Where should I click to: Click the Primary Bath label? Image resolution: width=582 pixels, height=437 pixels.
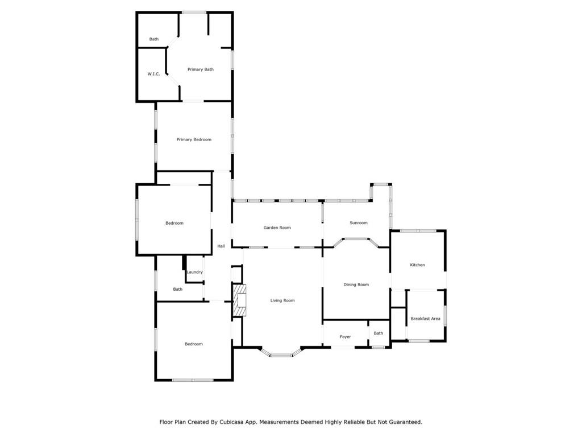click(201, 69)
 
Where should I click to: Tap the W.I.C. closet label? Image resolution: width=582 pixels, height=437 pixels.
click(154, 74)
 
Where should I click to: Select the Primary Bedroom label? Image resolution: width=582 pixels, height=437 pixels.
click(194, 139)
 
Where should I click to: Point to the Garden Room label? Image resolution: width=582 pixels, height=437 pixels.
click(277, 228)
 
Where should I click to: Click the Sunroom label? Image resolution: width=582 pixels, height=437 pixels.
click(358, 223)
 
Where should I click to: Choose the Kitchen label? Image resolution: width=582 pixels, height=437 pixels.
click(417, 265)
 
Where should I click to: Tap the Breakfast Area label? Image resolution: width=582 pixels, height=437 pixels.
click(425, 319)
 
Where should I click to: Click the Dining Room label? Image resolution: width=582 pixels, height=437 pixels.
click(356, 285)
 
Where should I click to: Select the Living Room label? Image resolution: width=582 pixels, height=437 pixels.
click(282, 300)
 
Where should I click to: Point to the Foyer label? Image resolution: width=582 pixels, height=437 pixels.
click(345, 337)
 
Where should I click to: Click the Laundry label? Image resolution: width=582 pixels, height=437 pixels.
click(194, 272)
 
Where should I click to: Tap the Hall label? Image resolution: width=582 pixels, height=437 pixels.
click(221, 246)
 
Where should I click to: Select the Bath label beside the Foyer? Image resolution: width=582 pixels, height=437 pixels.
click(379, 333)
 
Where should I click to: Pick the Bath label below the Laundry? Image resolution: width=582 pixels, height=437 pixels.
click(178, 289)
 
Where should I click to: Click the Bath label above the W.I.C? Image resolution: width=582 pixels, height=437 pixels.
click(154, 39)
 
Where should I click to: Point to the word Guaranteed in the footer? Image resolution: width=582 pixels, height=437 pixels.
click(402, 422)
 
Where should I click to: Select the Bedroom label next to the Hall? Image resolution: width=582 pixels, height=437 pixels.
click(174, 223)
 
